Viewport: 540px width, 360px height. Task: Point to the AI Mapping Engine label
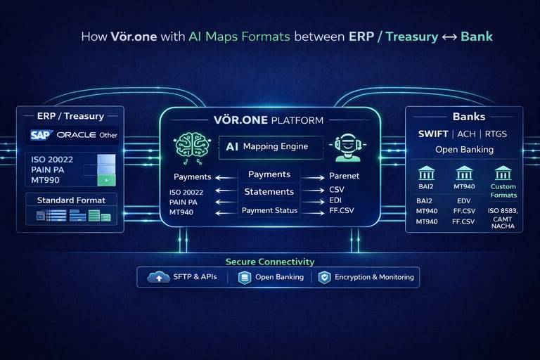(271, 147)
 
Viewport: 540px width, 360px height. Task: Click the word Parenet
(344, 176)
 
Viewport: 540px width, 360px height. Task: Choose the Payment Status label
(269, 210)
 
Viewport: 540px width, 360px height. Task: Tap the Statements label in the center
(269, 191)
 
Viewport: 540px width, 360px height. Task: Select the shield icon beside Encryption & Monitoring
(324, 277)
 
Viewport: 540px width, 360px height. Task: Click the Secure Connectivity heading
(270, 262)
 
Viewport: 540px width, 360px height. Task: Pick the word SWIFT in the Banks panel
(433, 134)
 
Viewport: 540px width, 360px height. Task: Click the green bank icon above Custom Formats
(503, 173)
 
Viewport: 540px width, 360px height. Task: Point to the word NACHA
(503, 226)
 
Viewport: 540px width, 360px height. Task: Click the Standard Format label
(70, 200)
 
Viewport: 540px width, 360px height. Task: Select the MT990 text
(46, 181)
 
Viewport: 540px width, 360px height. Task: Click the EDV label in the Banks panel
(465, 200)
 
